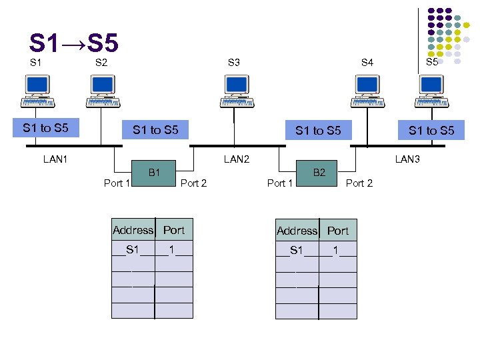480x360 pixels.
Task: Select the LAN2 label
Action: click(237, 159)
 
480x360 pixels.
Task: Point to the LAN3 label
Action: click(408, 159)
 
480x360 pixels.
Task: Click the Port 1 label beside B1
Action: click(117, 183)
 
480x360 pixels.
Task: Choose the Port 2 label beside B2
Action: click(359, 183)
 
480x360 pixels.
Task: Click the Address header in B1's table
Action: click(133, 230)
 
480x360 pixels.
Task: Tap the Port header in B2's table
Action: click(337, 231)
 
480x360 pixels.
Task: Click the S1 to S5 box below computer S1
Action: click(46, 128)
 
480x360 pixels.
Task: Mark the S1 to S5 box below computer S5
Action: click(431, 130)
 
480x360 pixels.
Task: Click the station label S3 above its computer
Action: click(234, 63)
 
